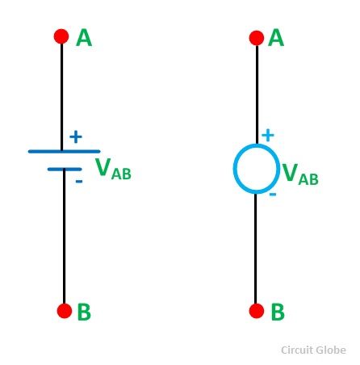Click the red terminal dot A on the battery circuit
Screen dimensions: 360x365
point(61,36)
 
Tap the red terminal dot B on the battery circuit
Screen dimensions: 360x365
point(65,311)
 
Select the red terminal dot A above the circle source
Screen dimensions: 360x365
point(257,38)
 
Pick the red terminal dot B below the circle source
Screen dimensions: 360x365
point(257,311)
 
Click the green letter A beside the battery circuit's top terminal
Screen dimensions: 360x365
point(84,38)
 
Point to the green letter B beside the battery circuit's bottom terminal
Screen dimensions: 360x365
point(84,312)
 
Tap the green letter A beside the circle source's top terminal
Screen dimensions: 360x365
point(276,38)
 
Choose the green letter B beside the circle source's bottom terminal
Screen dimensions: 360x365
point(278,312)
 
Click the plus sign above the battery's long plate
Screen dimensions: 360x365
point(76,136)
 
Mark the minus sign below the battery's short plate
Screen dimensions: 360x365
point(79,182)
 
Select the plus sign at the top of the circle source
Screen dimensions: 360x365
point(268,135)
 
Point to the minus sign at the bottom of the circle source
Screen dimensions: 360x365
point(273,194)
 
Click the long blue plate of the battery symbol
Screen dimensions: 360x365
point(65,152)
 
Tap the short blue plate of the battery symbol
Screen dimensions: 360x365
point(65,170)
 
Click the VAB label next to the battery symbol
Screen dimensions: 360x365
point(113,169)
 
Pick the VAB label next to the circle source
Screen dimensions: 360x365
point(300,174)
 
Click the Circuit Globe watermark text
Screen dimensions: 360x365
point(313,350)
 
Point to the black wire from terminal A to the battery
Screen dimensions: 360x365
point(61,96)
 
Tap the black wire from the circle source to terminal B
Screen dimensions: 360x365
point(255,249)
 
